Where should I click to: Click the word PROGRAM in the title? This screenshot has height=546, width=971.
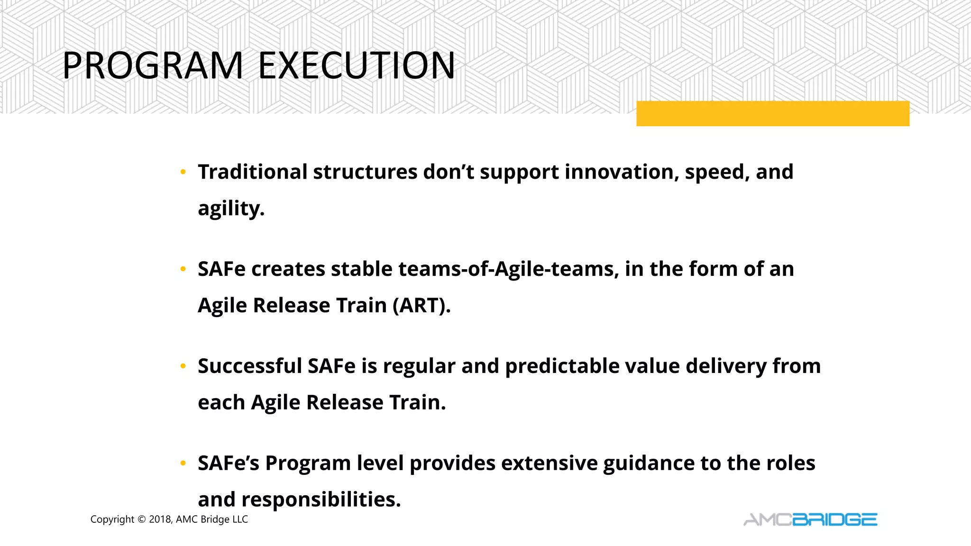(x=153, y=65)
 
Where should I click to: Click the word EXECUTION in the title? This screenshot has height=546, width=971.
(x=357, y=65)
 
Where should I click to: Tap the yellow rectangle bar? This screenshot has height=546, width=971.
(x=773, y=114)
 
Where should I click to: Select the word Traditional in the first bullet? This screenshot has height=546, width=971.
(x=253, y=172)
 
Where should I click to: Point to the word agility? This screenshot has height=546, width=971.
(x=230, y=209)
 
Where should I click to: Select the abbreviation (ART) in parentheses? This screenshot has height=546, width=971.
(x=421, y=306)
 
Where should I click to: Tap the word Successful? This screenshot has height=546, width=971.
(x=250, y=366)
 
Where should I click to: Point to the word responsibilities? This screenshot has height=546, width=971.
(x=321, y=500)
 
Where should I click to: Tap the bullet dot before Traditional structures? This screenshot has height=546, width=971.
(x=183, y=173)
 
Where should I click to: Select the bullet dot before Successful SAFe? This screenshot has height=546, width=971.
(x=183, y=367)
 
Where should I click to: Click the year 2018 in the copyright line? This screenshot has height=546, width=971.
(x=160, y=519)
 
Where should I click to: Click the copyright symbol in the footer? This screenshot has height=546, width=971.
(x=141, y=519)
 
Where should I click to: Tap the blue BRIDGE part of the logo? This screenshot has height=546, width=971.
(x=834, y=520)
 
